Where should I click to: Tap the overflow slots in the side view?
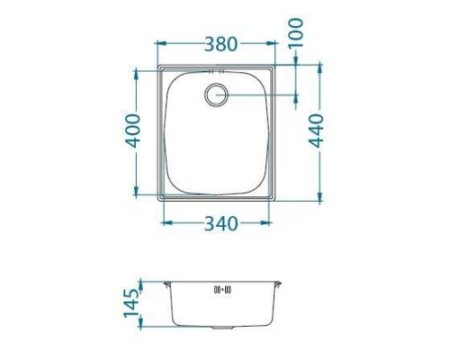pyautogui.click(x=222, y=290)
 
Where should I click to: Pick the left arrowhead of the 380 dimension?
pyautogui.click(x=159, y=42)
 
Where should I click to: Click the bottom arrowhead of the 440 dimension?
pyautogui.click(x=319, y=196)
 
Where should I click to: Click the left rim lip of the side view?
pyautogui.click(x=167, y=285)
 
